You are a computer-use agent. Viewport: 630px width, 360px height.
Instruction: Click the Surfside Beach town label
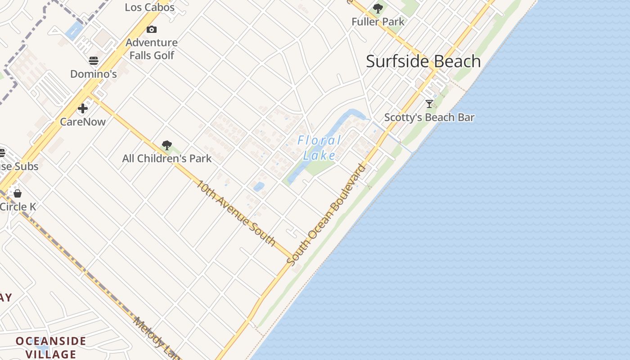tap(423, 61)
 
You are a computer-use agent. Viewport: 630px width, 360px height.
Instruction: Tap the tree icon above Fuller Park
tap(378, 8)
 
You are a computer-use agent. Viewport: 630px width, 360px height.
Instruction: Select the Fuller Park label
tap(378, 22)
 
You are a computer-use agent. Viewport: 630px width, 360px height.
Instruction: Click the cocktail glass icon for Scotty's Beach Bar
tap(429, 104)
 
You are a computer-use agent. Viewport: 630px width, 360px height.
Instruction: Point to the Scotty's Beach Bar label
tap(429, 117)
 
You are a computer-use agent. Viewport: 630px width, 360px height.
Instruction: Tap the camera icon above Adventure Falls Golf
tap(152, 30)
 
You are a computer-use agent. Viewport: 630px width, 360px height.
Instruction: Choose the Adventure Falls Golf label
tap(152, 49)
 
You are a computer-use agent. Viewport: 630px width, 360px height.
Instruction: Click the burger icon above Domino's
tap(94, 60)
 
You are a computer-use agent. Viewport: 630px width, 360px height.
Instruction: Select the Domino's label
tap(94, 74)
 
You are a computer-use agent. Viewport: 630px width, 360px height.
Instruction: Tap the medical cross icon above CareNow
tap(83, 108)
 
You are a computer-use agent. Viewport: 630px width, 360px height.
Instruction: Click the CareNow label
tap(83, 122)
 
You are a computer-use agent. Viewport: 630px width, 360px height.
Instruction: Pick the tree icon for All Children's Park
tap(167, 145)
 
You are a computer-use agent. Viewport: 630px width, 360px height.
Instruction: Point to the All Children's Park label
tap(167, 158)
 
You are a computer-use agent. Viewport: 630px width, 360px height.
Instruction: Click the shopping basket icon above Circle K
tap(18, 193)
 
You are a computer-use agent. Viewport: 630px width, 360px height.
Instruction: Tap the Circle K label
tap(18, 207)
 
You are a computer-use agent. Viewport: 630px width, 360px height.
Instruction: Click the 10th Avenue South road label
tap(236, 213)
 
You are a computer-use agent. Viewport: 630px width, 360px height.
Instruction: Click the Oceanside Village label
tap(51, 347)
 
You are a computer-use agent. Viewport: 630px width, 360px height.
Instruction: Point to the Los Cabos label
tap(149, 7)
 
